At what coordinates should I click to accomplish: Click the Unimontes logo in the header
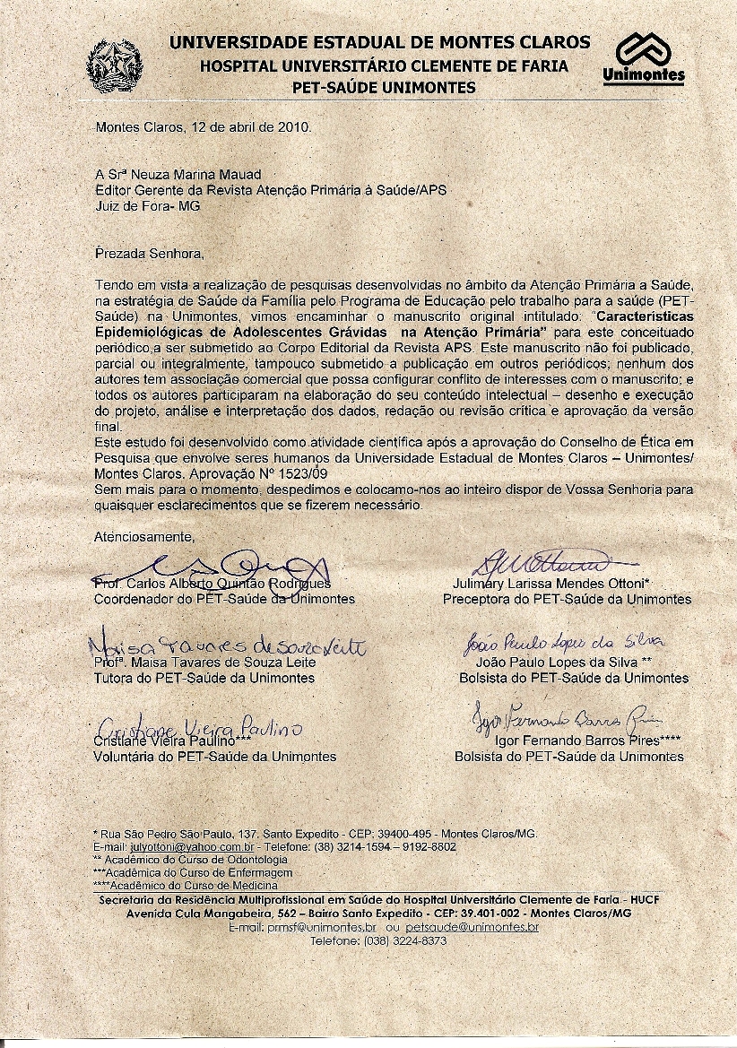point(643,59)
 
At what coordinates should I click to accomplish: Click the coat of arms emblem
point(114,64)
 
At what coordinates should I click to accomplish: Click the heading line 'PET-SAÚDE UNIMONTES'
point(385,87)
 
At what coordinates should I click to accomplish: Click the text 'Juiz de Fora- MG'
point(148,205)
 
